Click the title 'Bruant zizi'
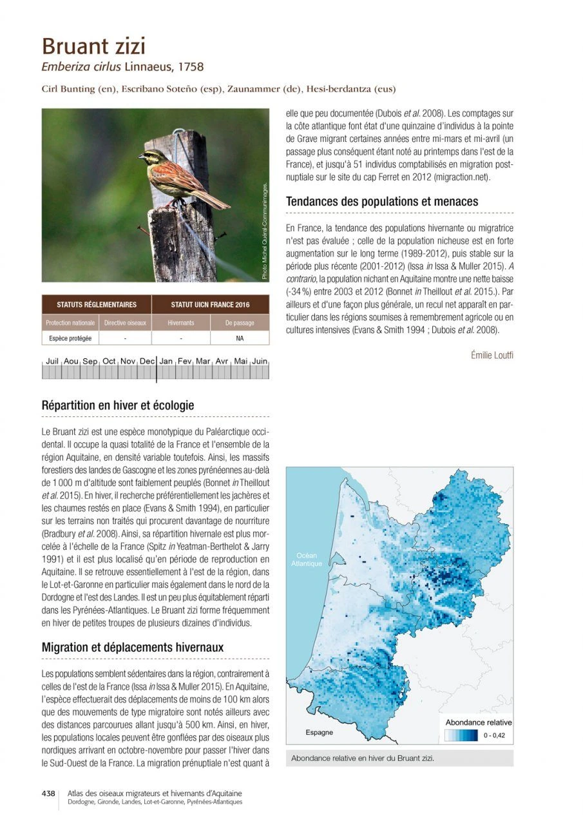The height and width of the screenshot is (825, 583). (x=93, y=46)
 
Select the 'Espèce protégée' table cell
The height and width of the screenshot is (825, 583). (x=70, y=338)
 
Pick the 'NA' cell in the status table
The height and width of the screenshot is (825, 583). (x=240, y=338)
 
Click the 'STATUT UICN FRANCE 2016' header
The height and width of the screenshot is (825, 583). (x=210, y=305)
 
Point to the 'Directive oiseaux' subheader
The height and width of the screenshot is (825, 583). (x=125, y=323)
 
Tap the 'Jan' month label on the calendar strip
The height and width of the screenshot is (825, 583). (x=166, y=362)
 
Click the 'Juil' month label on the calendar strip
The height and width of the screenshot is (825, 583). (x=53, y=362)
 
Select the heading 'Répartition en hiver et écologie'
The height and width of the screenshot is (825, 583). (x=118, y=405)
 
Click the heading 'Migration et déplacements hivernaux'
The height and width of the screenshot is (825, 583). (x=133, y=646)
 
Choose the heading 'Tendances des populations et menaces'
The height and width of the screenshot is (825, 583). (x=382, y=202)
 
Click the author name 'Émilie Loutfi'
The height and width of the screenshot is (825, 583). (x=492, y=355)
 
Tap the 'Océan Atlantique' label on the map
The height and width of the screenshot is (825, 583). (x=306, y=559)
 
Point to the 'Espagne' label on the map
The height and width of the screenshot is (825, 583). (x=319, y=732)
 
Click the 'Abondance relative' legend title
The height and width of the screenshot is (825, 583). (x=479, y=723)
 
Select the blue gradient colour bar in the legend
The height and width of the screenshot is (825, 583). (x=461, y=735)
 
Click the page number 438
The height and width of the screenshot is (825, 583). (x=48, y=794)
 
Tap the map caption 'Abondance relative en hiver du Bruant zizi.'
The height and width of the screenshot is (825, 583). (x=363, y=759)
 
